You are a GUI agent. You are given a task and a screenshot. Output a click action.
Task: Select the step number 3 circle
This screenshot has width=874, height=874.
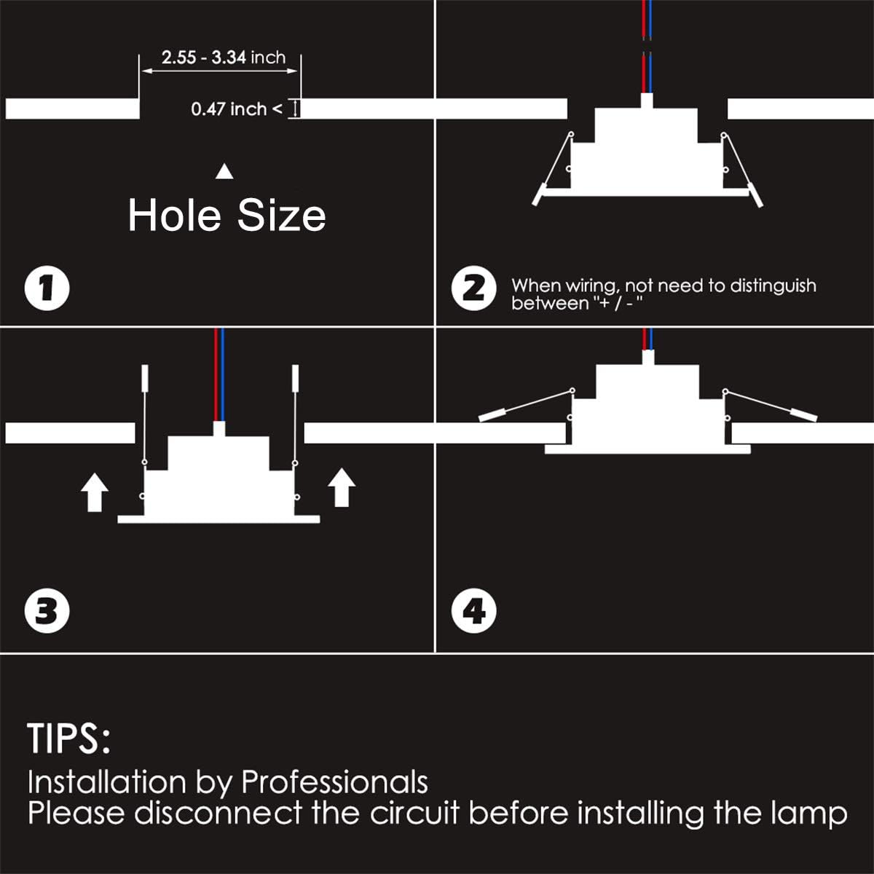coord(47,610)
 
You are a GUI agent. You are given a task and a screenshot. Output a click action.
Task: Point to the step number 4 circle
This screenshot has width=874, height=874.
coord(474,610)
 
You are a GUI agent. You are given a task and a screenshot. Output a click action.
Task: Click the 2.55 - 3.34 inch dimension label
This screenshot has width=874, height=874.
coord(224,58)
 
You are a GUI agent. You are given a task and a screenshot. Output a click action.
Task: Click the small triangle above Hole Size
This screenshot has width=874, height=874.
coord(225,172)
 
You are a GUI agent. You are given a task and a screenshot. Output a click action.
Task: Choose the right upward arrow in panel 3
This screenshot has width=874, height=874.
coord(342,487)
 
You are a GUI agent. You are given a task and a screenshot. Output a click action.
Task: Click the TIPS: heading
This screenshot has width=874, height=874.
coord(69,739)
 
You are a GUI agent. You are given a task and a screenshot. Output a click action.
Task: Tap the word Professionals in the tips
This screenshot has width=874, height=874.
coord(334,782)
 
